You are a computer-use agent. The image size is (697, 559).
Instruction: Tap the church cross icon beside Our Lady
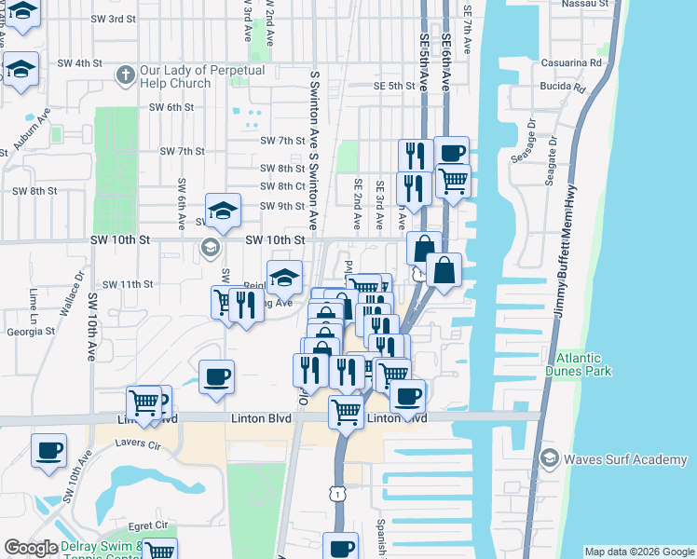point(126,73)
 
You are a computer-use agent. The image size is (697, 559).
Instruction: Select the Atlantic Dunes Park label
point(584,363)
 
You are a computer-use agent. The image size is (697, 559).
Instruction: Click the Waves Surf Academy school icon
point(550,459)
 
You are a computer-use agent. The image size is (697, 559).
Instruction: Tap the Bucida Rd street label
point(562,89)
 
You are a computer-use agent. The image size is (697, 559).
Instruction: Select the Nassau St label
point(585,4)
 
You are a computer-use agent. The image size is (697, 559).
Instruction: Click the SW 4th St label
point(79,63)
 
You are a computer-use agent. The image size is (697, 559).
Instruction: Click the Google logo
point(31,548)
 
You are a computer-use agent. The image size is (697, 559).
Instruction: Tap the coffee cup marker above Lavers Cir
point(48,450)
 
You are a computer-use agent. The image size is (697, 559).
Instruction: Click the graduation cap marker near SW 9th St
point(224,211)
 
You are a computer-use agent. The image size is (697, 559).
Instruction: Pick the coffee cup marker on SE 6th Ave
point(451,154)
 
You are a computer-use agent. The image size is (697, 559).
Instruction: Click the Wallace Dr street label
point(73,295)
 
